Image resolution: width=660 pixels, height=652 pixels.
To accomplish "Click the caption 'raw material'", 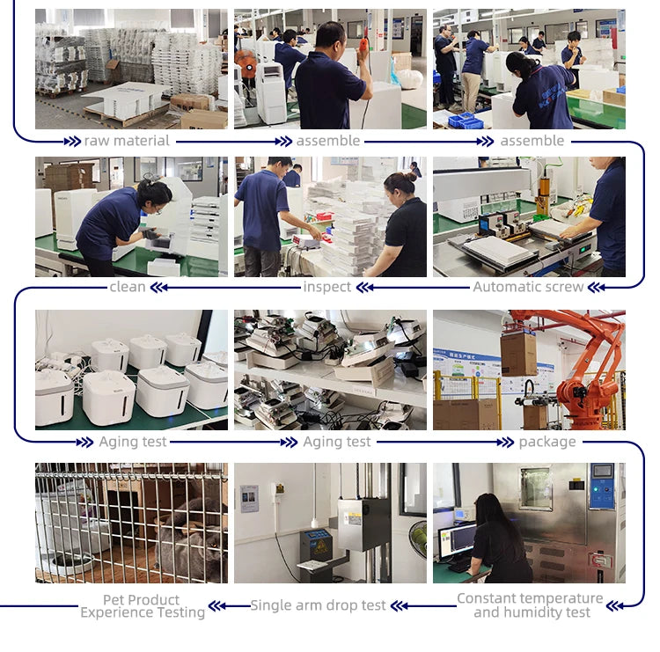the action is tap(127, 141).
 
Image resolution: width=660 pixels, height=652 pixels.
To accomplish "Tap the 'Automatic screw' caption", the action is tap(528, 287).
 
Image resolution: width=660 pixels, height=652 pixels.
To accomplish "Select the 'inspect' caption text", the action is tap(326, 287).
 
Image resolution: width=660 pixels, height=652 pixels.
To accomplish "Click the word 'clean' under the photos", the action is tap(127, 287).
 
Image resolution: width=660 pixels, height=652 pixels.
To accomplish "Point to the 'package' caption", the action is tap(547, 442).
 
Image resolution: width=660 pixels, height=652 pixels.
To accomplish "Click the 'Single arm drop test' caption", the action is tap(318, 605).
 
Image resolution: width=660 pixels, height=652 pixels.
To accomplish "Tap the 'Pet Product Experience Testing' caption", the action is tap(143, 605).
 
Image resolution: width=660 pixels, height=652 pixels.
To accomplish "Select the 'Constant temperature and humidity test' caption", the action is tap(531, 605).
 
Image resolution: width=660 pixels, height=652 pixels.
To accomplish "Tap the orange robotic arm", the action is tap(585, 375).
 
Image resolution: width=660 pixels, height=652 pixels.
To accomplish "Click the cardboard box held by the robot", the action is tap(518, 355).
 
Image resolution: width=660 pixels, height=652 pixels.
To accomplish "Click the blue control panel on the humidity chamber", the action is tap(602, 486).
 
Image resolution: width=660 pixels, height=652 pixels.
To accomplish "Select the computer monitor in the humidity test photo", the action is tap(458, 540).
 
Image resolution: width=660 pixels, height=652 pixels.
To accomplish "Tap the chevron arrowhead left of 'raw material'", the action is tap(72, 142).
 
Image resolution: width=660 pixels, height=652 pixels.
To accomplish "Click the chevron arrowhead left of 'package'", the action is tap(505, 442).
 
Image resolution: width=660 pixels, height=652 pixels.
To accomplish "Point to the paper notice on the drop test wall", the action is tap(249, 499).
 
